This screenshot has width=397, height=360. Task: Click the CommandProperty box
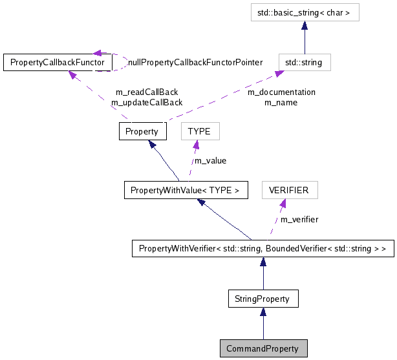pyautogui.click(x=263, y=348)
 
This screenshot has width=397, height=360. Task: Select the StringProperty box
pyautogui.click(x=263, y=299)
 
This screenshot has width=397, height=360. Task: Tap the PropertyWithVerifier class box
pyautogui.click(x=263, y=248)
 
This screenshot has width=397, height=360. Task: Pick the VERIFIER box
pyautogui.click(x=289, y=190)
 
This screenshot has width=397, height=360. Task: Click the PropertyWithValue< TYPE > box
pyautogui.click(x=185, y=190)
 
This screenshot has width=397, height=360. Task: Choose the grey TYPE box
pyautogui.click(x=199, y=131)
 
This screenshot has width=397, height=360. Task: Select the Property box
pyautogui.click(x=142, y=131)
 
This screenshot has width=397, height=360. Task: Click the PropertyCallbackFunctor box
pyautogui.click(x=58, y=62)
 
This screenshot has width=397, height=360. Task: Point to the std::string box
pyautogui.click(x=305, y=62)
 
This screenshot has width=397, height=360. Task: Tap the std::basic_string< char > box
pyautogui.click(x=305, y=12)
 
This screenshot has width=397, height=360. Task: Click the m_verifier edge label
pyautogui.click(x=299, y=219)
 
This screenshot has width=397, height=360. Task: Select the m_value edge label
pyautogui.click(x=211, y=160)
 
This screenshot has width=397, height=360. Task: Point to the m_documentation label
pyautogui.click(x=282, y=92)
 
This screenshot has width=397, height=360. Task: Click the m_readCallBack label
pyautogui.click(x=146, y=92)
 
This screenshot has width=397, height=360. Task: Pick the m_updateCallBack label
pyautogui.click(x=146, y=102)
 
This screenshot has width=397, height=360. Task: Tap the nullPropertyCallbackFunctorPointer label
pyautogui.click(x=195, y=62)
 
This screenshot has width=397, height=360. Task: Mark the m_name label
pyautogui.click(x=281, y=102)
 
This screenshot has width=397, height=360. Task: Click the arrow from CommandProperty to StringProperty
pyautogui.click(x=263, y=323)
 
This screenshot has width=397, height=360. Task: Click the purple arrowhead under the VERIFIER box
pyautogui.click(x=283, y=204)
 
